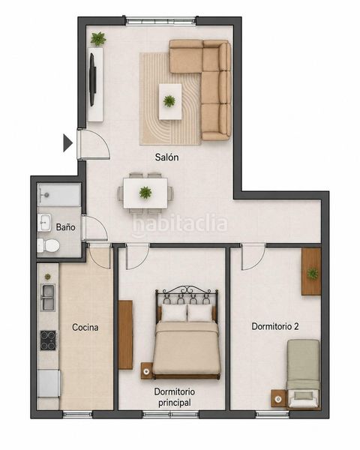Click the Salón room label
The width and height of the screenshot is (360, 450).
point(166,157)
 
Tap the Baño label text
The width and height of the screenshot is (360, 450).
point(65,227)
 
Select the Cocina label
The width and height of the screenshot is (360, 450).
point(85,327)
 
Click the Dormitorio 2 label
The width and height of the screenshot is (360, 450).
point(275,326)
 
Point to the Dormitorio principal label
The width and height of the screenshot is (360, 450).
point(175,397)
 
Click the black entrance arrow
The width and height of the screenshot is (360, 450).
point(67,142)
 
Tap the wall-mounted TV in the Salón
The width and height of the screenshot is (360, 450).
point(92,79)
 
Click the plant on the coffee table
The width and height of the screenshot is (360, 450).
point(169,101)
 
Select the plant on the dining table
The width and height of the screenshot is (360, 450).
point(145,192)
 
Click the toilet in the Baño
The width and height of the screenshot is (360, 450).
point(49,246)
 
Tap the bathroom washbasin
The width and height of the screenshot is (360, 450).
point(44,223)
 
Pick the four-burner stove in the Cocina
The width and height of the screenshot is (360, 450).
point(48,340)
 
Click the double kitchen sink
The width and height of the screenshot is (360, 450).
point(48,298)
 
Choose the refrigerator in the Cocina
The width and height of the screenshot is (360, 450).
point(49,383)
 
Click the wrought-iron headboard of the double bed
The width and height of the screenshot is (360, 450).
point(187,295)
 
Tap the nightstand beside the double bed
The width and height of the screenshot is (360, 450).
point(147,370)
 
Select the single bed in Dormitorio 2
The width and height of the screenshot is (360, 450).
point(304,373)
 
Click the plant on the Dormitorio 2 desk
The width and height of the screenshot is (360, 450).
point(312,273)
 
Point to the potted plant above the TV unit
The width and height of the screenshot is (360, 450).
point(98,39)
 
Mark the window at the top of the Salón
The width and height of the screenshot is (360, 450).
point(160,22)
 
